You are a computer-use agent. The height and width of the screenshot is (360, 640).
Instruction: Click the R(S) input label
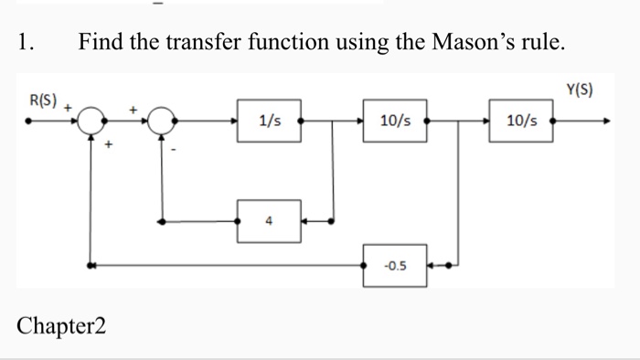pos(43,100)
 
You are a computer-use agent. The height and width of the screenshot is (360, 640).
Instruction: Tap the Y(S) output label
pos(580,90)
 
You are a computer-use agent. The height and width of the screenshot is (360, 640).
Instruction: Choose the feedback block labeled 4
pos(269,220)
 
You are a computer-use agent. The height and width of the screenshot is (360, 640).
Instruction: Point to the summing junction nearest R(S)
pos(91,120)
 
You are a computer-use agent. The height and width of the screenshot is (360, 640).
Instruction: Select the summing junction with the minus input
pos(163,120)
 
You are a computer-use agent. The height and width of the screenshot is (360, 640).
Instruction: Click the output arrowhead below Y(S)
pos(603,120)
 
